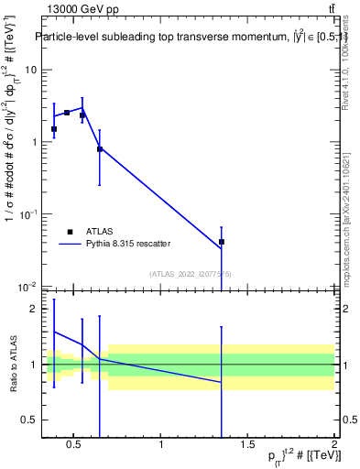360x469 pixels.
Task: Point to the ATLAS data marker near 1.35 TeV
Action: tap(222, 242)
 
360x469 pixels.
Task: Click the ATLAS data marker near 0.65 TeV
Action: tap(100, 148)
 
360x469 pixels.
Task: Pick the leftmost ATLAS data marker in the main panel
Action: tap(54, 129)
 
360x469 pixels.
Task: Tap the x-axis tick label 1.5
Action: tap(248, 446)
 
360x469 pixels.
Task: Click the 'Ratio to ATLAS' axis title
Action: tap(13, 365)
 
